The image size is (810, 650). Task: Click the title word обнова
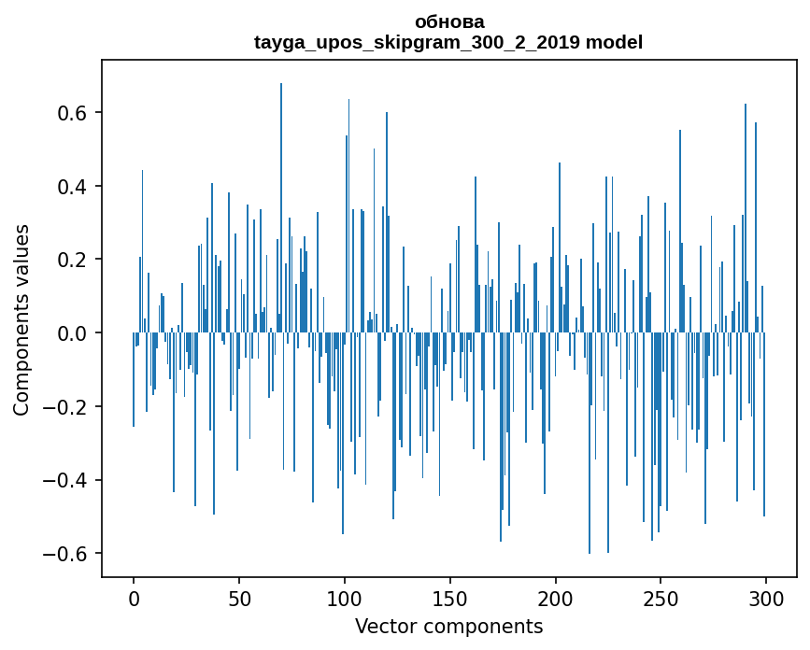[448, 21]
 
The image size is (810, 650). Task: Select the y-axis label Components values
[21, 319]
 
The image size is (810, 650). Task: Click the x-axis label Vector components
[448, 626]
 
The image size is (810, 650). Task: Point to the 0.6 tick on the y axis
[76, 113]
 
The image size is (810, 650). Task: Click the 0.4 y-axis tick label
[76, 187]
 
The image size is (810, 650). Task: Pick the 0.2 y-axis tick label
[76, 260]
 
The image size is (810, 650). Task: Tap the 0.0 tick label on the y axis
[76, 333]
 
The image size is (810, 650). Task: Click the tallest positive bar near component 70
[281, 205]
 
